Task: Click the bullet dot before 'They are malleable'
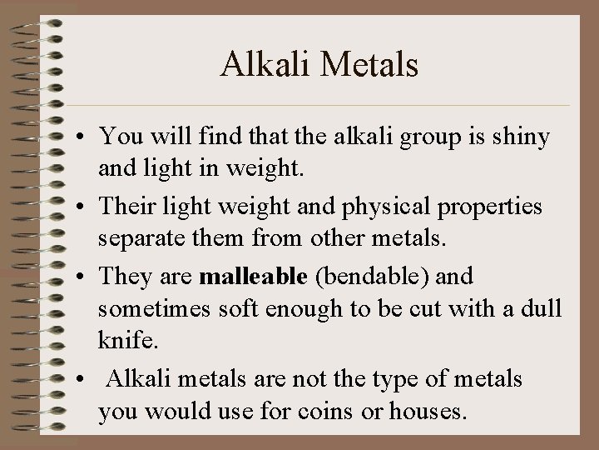85,275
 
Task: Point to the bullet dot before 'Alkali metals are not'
85,380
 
